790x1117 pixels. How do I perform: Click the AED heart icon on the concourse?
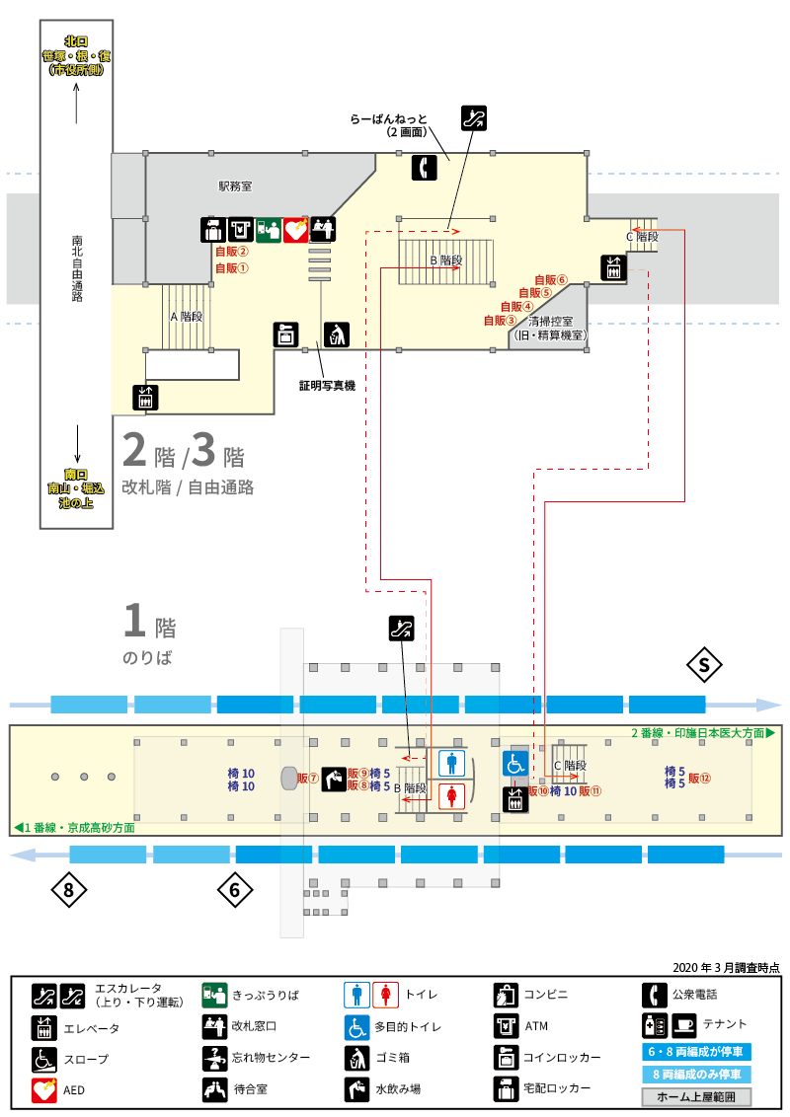tap(296, 230)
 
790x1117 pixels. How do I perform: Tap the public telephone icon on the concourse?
tap(425, 168)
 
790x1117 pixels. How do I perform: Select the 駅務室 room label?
tap(235, 186)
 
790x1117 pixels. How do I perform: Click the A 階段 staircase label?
tap(187, 317)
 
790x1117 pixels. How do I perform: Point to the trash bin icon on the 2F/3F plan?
tap(337, 335)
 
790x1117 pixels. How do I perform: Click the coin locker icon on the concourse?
tap(286, 335)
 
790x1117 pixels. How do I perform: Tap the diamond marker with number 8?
tap(68, 890)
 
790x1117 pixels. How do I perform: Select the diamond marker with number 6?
tap(235, 890)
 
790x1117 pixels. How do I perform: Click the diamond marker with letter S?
tap(704, 665)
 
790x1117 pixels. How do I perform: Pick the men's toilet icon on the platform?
tap(452, 763)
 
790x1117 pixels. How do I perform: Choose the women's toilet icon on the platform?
tap(452, 795)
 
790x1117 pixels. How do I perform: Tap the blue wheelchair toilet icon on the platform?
tap(515, 764)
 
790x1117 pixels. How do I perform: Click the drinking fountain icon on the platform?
tap(334, 780)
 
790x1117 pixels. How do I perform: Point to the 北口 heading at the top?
tap(76, 41)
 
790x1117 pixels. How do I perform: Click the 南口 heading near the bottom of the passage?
tap(76, 475)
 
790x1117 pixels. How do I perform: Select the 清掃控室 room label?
tap(550, 322)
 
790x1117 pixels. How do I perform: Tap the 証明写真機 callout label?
tap(327, 386)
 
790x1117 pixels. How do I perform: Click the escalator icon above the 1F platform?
tap(401, 629)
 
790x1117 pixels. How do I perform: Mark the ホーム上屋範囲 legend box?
tap(696, 1097)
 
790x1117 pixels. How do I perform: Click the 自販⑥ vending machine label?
tap(551, 280)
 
